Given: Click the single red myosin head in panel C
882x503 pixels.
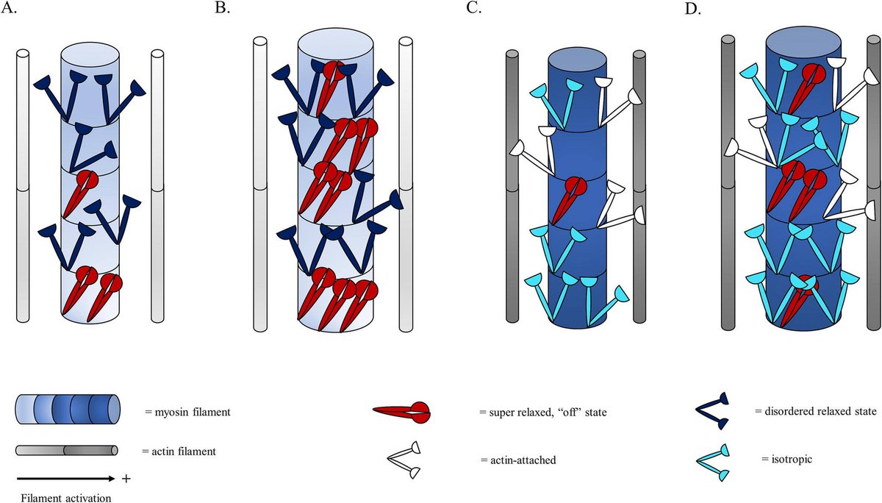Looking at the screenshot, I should [x=567, y=199].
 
